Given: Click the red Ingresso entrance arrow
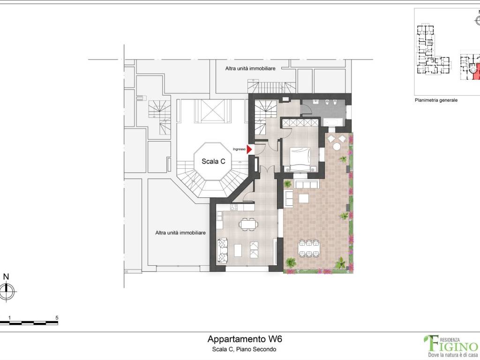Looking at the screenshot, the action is [249, 150].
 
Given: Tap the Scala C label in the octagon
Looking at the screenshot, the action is [213, 161].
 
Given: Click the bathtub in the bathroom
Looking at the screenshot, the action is [333, 122].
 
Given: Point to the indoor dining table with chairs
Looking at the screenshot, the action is [248, 224].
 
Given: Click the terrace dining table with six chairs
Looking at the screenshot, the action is [309, 248].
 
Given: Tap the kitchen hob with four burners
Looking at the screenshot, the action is [234, 207].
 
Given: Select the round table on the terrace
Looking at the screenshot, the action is [337, 147].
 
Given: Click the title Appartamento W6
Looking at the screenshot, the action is [245, 339].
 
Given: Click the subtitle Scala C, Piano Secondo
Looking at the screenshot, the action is [244, 349].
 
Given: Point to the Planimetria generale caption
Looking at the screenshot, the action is [436, 100].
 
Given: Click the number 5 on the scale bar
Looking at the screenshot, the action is [57, 318].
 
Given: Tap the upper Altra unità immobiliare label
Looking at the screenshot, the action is [250, 68].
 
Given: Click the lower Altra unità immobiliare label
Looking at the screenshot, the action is [180, 232].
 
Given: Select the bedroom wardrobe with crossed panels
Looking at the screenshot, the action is [300, 123].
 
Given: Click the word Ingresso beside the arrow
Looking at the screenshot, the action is [239, 150].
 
